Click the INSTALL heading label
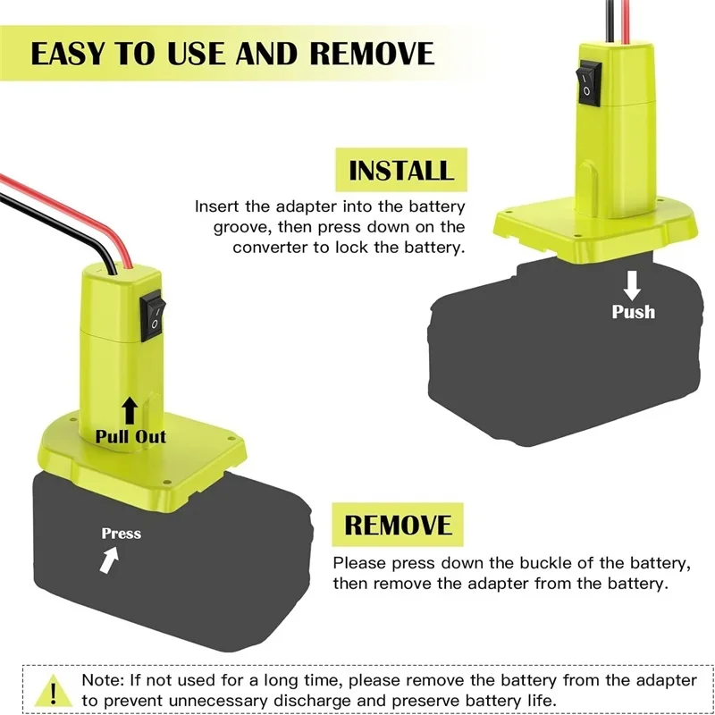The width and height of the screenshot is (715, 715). tap(401, 171)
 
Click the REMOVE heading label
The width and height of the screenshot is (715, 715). tap(399, 524)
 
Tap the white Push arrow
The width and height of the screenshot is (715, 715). tap(633, 284)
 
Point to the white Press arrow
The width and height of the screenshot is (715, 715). tap(109, 561)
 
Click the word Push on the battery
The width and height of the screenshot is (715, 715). tap(633, 312)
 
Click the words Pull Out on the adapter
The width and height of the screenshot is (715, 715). tap(131, 437)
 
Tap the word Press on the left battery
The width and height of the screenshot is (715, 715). tap(121, 534)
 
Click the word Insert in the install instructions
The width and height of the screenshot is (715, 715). tap(216, 206)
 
